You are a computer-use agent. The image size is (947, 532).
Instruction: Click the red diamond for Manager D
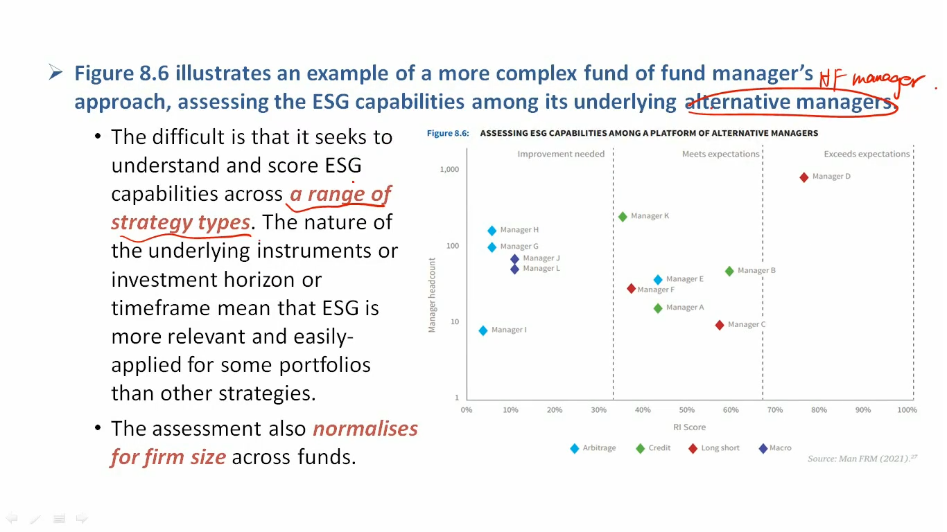803,177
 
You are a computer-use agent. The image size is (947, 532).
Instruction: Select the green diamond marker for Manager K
623,217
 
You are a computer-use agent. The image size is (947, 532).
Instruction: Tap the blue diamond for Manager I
483,330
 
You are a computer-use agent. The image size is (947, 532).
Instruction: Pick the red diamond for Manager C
719,325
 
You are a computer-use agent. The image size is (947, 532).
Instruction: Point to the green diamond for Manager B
729,272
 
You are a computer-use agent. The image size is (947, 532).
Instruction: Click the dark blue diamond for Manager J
514,258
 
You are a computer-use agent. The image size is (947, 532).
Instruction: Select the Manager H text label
519,230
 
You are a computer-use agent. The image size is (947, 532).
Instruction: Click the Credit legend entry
653,448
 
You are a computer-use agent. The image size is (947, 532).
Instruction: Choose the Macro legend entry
775,448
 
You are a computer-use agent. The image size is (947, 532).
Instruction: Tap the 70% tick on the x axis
774,410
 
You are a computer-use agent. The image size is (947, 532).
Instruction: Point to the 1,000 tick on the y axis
449,170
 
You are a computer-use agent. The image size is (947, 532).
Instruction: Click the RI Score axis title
689,427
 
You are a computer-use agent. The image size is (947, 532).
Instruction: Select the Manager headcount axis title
432,295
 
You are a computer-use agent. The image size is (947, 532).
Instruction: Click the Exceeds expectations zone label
867,154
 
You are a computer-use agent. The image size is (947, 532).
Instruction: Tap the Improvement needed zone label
561,154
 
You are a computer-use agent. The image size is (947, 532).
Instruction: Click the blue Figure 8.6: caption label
448,133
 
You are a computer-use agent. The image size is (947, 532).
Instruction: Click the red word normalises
365,429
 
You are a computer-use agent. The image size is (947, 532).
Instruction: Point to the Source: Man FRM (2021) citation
862,459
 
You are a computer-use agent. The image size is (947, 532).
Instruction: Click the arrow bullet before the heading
55,72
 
